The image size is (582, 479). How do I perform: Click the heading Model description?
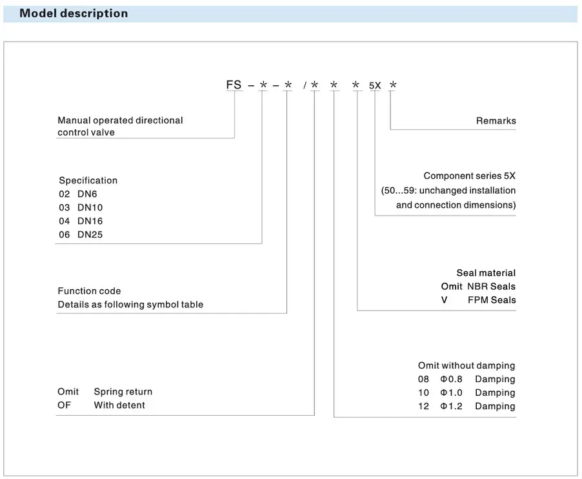[x=74, y=14]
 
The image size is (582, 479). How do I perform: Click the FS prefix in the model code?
[x=234, y=85]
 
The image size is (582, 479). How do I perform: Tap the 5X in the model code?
[x=375, y=85]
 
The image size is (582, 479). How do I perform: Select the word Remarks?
[x=496, y=121]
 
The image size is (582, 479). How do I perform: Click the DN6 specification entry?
[x=90, y=194]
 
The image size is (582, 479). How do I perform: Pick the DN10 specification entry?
[x=90, y=207]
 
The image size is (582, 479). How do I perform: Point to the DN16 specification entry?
[x=90, y=221]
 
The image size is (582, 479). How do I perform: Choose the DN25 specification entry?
[x=90, y=234]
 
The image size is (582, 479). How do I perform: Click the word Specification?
[x=88, y=180]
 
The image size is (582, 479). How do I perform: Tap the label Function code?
[x=89, y=291]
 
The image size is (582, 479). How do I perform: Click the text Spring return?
[x=123, y=392]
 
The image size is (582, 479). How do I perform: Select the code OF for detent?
[x=65, y=405]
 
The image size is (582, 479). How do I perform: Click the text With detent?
[x=119, y=405]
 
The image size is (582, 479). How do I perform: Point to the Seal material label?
[x=486, y=273]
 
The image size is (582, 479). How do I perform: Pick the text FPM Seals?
[x=492, y=300]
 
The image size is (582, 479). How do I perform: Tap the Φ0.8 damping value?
[x=451, y=379]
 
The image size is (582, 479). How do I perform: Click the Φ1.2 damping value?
[x=451, y=406]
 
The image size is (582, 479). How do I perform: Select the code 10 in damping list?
[x=423, y=392]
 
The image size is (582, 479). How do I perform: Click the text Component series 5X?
[x=469, y=176]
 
